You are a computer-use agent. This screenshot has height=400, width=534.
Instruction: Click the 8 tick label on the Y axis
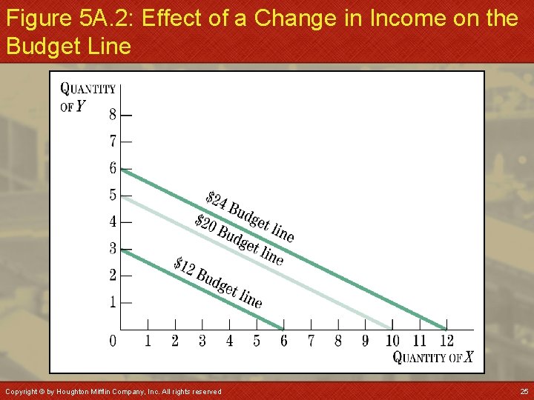click(113, 115)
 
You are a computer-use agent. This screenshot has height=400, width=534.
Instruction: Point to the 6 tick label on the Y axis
click(113, 168)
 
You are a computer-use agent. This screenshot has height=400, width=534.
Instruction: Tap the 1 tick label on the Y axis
click(113, 301)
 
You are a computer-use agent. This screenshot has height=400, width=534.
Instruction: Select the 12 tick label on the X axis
click(446, 341)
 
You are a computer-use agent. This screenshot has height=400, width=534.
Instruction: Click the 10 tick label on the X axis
click(392, 341)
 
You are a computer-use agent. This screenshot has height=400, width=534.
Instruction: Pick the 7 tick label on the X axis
click(311, 341)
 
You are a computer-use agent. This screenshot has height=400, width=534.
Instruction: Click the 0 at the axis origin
click(113, 341)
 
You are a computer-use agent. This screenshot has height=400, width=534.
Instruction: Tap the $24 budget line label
click(250, 217)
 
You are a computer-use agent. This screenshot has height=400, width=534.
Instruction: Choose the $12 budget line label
click(218, 282)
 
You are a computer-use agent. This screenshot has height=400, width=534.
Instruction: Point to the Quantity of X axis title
click(432, 358)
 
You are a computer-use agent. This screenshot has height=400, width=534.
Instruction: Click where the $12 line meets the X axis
click(283, 329)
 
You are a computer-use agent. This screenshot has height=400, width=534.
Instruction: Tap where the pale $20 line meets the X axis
click(392, 329)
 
